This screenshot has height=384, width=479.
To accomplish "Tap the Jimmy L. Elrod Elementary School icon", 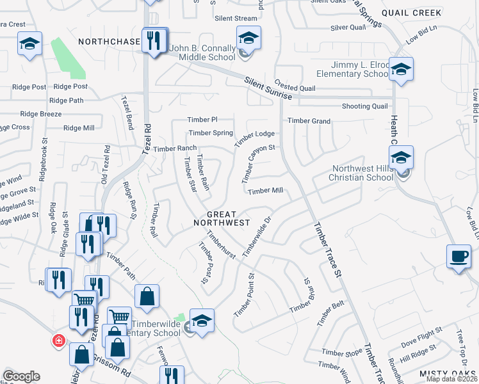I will (401, 70).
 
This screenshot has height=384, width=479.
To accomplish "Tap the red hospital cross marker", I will (58, 339).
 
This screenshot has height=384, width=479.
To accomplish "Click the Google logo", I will (22, 376).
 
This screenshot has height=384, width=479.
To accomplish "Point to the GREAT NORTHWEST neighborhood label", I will (222, 219).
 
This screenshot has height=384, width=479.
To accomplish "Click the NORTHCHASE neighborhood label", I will (109, 42).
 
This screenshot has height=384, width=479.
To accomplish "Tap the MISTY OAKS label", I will (448, 373).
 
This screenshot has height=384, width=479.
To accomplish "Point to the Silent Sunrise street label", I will (268, 87).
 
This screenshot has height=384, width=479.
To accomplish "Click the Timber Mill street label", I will (265, 191).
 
